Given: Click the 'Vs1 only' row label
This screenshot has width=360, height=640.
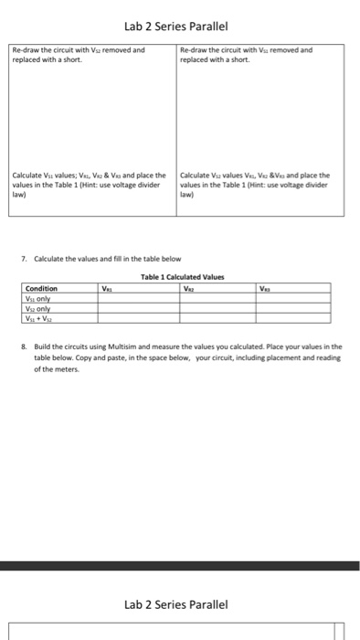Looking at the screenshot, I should [38, 296].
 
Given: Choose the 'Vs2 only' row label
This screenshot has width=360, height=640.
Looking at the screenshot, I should [38, 306].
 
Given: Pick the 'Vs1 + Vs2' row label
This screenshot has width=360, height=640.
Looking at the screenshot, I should [38, 316].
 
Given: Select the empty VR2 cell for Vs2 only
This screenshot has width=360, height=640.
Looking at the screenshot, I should [216, 306].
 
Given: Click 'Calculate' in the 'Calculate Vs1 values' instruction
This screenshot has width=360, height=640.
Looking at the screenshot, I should [26, 175].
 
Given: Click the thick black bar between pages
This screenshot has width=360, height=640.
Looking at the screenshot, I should [179, 567].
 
